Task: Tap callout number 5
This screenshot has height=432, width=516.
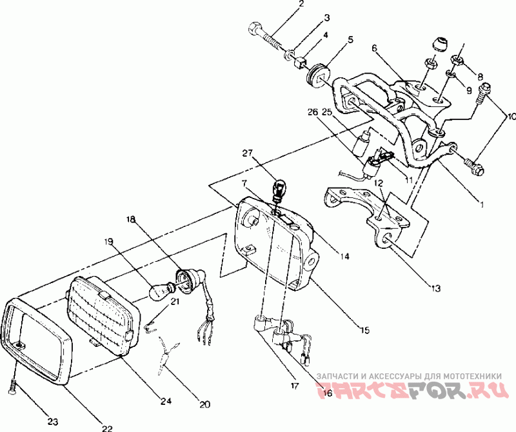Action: pos(350,40)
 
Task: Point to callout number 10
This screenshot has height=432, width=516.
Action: pos(510,117)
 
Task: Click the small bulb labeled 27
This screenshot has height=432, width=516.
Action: pos(279,191)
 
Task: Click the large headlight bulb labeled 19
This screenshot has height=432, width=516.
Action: pos(159,292)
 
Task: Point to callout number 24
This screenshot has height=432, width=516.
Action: pos(166,400)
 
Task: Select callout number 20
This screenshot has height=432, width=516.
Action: pos(204,405)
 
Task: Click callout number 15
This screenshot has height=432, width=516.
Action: pos(365,330)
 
